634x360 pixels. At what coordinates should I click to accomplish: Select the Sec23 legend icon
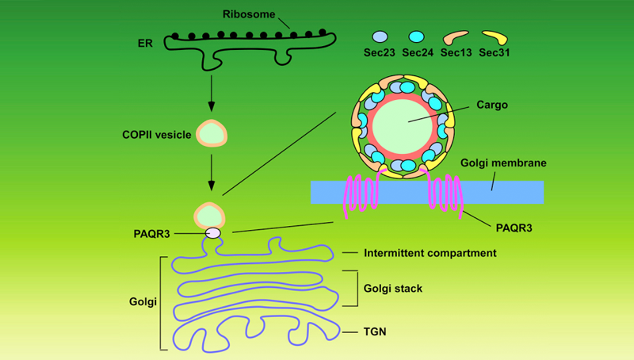tap(380, 36)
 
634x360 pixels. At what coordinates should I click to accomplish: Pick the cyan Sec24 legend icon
tap(417, 36)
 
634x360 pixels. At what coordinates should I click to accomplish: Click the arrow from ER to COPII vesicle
tap(211, 92)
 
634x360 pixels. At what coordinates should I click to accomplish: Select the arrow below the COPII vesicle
tap(211, 174)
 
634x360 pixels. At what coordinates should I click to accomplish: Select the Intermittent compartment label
tap(430, 254)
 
